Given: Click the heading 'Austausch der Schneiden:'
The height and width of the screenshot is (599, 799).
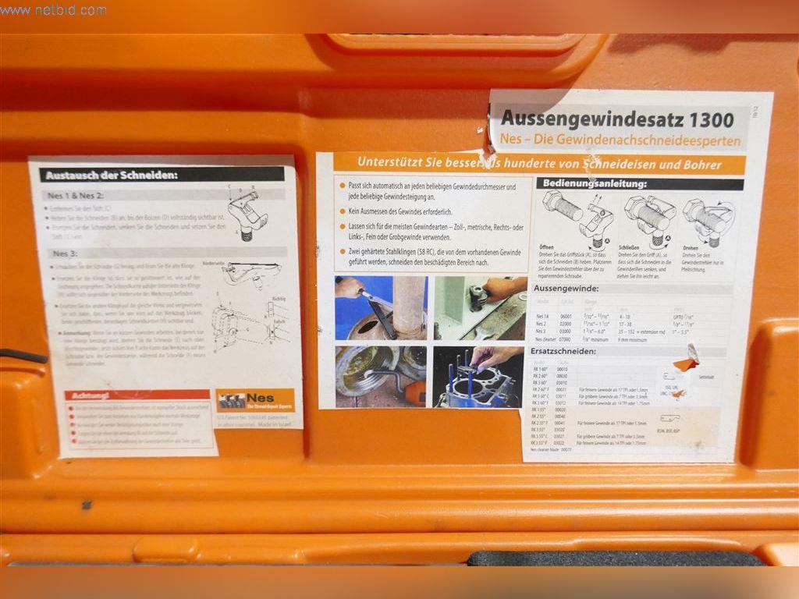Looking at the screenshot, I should [112, 175].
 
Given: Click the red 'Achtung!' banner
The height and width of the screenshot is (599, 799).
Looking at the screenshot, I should [90, 395].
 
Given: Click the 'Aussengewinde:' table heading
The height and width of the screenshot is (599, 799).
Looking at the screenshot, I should [571, 288].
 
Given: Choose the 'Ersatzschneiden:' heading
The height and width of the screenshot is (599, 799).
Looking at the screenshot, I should [574, 351].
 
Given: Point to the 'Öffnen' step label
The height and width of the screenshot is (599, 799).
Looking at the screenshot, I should [546, 247].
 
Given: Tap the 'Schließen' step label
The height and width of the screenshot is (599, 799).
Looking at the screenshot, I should [629, 247].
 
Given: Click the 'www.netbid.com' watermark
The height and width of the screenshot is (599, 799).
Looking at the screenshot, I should [53, 11].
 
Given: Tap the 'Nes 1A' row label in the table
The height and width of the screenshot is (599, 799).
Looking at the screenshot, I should [542, 316].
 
